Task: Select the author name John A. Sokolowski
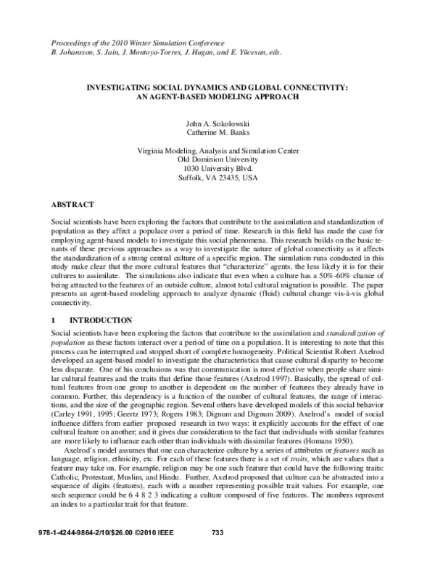click(x=217, y=125)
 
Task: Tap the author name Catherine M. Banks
click(x=217, y=134)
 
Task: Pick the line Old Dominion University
click(x=217, y=159)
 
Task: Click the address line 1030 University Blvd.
click(x=217, y=168)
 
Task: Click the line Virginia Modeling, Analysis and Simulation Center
click(x=217, y=151)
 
